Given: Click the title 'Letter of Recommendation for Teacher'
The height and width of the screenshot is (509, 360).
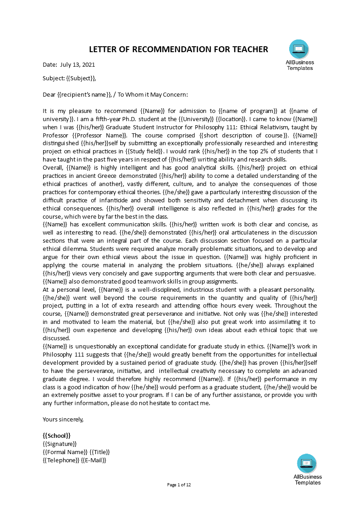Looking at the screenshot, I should tap(178, 49).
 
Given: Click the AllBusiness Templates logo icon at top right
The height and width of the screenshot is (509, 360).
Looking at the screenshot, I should tap(299, 49).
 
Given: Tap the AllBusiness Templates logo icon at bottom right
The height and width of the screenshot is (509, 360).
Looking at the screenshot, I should tap(307, 463).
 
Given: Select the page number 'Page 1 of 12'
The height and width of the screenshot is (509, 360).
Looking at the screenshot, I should tap(179, 485).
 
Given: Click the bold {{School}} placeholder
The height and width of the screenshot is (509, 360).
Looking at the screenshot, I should tap(56, 436).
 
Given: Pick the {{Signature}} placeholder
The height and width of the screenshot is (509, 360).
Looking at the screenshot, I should tap(59, 444).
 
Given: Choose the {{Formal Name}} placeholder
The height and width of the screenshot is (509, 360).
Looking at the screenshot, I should tap(65, 452).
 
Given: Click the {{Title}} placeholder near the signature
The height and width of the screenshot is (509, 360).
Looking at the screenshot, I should tap(100, 452).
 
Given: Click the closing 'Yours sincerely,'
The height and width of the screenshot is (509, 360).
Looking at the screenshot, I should tap(63, 420).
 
